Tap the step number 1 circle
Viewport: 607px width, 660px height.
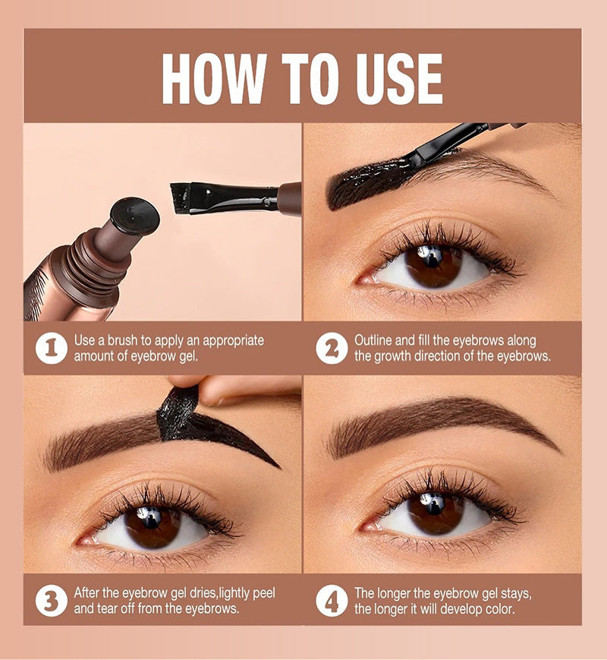51,349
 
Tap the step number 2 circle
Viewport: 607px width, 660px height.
332,349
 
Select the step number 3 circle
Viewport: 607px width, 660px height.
51,601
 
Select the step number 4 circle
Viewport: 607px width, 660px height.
332,601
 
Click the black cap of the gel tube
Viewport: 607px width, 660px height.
135,216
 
